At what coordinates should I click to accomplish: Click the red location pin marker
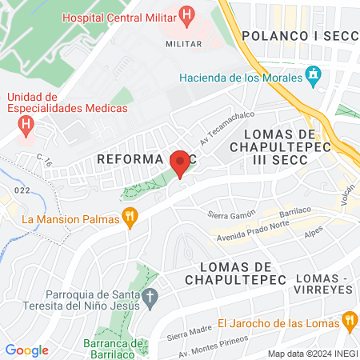[181, 163]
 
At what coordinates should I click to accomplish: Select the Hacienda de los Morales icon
[314, 78]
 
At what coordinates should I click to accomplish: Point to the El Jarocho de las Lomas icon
[348, 322]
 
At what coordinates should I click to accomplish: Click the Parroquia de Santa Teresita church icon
[150, 300]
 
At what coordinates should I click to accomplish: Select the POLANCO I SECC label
[296, 35]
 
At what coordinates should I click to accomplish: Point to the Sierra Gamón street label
[230, 215]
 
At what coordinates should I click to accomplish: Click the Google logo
[26, 350]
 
